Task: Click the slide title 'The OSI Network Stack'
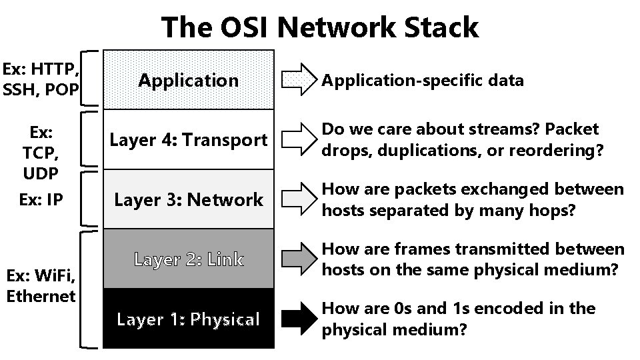[320, 28]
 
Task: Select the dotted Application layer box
[189, 80]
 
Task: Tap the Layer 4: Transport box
[189, 140]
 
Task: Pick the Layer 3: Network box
[189, 199]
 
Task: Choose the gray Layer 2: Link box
[189, 259]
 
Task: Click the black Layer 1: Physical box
[189, 319]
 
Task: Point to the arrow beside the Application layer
[297, 80]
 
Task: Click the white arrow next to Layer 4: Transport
[297, 139]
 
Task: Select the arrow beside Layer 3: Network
[297, 199]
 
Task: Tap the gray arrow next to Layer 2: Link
[297, 259]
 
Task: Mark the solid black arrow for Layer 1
[297, 319]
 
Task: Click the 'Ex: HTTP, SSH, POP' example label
[41, 79]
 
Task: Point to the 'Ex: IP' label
[41, 199]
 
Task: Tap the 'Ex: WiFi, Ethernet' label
[41, 285]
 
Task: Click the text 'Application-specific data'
[423, 81]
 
